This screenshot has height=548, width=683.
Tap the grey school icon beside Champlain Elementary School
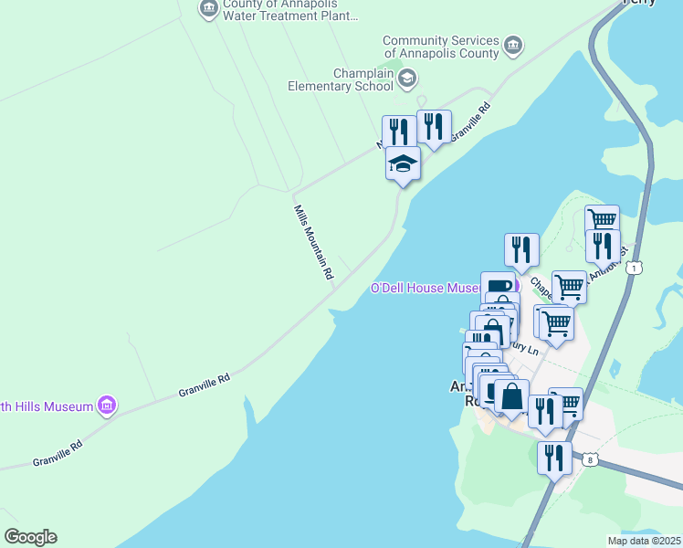click(407, 79)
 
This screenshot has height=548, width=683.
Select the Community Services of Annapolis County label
click(441, 47)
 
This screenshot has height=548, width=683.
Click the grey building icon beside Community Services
click(513, 45)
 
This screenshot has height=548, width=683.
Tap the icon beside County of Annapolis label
click(208, 8)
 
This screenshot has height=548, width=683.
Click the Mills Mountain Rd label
click(313, 242)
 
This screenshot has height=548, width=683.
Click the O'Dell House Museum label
click(424, 289)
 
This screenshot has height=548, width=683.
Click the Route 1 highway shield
click(633, 268)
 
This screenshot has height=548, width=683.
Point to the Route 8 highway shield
click(591, 460)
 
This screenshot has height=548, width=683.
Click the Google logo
click(30, 537)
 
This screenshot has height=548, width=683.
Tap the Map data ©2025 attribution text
click(643, 541)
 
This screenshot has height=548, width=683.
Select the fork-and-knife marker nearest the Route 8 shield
click(553, 458)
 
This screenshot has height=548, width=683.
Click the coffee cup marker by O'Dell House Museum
click(497, 287)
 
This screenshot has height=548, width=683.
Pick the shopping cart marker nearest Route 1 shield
click(602, 220)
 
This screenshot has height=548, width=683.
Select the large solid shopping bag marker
click(511, 397)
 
